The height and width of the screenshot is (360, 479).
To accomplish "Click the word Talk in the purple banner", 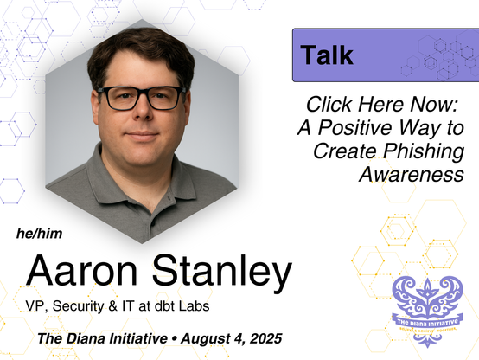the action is click(327, 55).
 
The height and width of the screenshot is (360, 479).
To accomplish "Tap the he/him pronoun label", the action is click(40, 234).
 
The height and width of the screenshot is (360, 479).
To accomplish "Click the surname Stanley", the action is click(222, 273).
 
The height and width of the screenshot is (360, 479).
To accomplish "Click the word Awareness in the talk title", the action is click(412, 174).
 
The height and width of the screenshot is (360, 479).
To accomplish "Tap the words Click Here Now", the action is click(382, 105).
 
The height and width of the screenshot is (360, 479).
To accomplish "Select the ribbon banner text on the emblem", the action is click(428, 322).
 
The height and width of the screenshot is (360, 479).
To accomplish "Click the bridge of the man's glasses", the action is click(143, 95).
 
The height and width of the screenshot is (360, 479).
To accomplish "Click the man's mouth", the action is click(142, 135).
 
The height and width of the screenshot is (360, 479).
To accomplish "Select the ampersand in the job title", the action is click(113, 306).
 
